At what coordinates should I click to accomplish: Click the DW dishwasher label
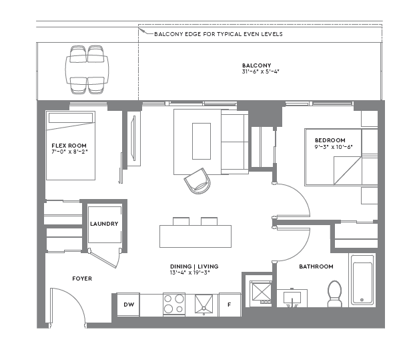click(x=127, y=305)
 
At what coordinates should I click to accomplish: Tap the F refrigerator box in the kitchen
click(x=229, y=305)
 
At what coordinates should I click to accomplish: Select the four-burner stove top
click(x=174, y=304)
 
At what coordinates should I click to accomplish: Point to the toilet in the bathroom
click(x=334, y=293)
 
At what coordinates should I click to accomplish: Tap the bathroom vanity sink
click(x=293, y=298)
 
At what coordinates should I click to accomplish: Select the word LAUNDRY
click(x=104, y=224)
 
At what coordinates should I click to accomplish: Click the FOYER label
click(x=81, y=279)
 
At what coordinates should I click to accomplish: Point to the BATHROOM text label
click(x=316, y=266)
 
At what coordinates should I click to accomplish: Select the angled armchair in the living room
click(x=196, y=180)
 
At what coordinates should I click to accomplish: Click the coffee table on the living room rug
click(x=201, y=141)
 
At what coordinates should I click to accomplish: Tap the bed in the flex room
click(x=71, y=146)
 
